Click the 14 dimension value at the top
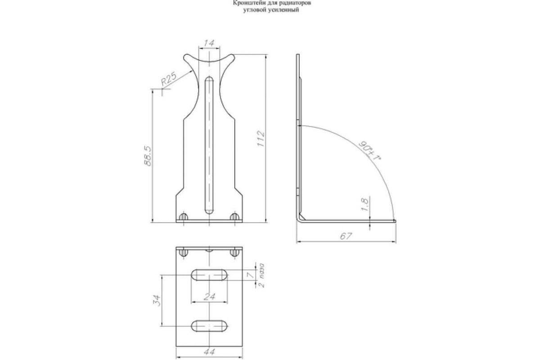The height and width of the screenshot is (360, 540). (x=209, y=43)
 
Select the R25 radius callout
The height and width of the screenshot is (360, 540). (x=169, y=79)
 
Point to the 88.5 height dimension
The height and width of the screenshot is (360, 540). (x=148, y=156)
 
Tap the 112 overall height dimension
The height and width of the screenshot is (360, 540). (x=261, y=139)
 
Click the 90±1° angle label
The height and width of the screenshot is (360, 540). (x=369, y=151)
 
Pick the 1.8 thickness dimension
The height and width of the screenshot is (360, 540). (x=365, y=204)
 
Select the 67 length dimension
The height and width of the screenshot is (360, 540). (x=346, y=236)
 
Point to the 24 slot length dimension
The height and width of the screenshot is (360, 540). (x=209, y=297)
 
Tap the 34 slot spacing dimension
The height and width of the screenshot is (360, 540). (x=157, y=301)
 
